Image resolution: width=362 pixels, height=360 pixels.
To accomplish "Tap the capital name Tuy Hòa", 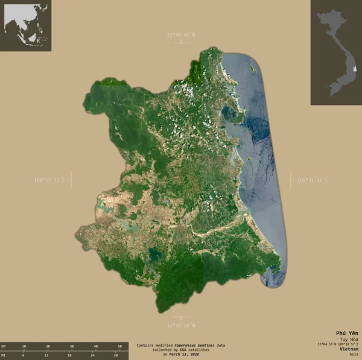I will [349, 339].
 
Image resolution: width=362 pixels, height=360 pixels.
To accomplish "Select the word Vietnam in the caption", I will [348, 349].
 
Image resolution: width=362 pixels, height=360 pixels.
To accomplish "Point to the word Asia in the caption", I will [353, 354].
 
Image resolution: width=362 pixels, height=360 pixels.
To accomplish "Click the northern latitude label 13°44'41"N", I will [181, 34].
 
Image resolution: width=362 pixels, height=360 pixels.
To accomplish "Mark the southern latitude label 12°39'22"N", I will [181, 325].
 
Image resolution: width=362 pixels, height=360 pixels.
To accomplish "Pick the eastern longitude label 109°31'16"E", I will [313, 180].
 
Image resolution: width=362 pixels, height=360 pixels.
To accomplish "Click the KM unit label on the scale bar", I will [4, 346].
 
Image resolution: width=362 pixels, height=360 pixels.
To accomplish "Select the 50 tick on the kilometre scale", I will [119, 346].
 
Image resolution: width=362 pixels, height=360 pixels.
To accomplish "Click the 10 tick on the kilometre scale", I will [24, 346].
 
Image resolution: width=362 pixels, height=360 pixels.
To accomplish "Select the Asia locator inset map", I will [25, 25].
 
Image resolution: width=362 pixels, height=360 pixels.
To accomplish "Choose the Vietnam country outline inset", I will [336, 52].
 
